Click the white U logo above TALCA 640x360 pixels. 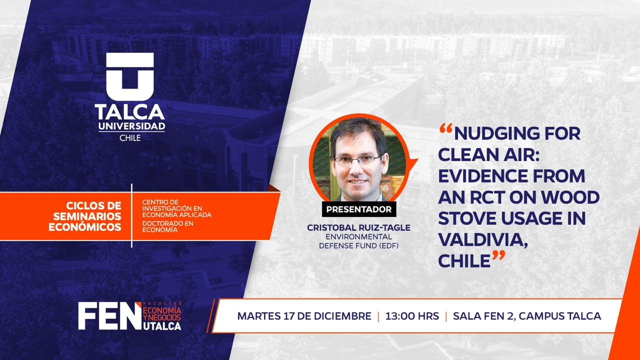pyautogui.click(x=130, y=76)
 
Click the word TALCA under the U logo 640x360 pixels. pyautogui.click(x=129, y=112)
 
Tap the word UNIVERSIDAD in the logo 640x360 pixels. pyautogui.click(x=131, y=126)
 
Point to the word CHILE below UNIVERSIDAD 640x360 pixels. pyautogui.click(x=130, y=138)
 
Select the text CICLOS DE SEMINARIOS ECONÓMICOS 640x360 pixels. pyautogui.click(x=85, y=216)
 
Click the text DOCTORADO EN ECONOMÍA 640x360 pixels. pyautogui.click(x=168, y=226)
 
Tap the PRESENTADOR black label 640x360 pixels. pyautogui.click(x=359, y=209)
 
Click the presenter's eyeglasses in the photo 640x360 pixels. pyautogui.click(x=357, y=161)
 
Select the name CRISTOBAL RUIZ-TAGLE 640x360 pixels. pyautogui.click(x=359, y=227)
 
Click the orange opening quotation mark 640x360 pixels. pyautogui.click(x=446, y=128)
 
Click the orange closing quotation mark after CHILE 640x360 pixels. pyautogui.click(x=498, y=255)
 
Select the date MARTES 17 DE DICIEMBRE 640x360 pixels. pyautogui.click(x=304, y=316)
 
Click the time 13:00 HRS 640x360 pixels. pyautogui.click(x=412, y=316)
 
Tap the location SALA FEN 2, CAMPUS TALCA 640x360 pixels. pyautogui.click(x=527, y=316)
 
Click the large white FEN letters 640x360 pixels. pyautogui.click(x=110, y=316)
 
